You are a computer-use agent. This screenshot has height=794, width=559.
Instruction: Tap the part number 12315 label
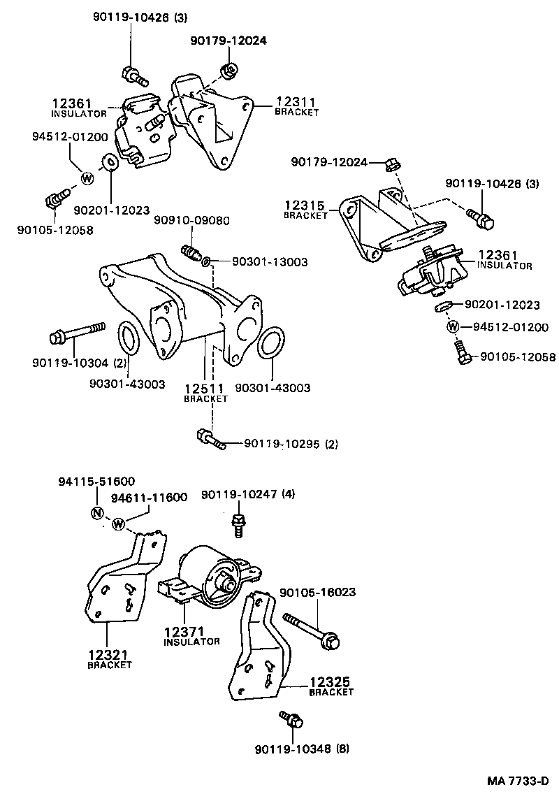click(305, 206)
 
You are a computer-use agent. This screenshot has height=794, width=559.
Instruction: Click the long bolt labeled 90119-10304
click(77, 335)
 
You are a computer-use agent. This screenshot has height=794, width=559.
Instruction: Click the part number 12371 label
click(184, 632)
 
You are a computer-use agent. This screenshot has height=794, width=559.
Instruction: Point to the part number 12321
click(109, 655)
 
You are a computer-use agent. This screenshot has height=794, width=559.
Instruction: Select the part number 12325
click(331, 681)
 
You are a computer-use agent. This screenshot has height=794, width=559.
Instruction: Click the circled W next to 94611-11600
click(118, 524)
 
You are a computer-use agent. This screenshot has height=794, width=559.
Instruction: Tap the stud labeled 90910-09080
click(191, 252)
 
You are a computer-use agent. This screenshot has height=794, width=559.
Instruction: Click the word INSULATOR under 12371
click(191, 642)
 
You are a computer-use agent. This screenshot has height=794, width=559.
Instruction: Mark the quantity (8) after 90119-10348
click(342, 749)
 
